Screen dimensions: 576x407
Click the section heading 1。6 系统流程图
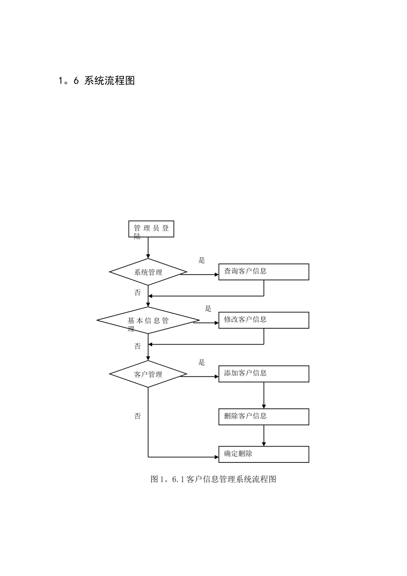tap(96, 81)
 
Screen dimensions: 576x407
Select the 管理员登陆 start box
tap(151, 229)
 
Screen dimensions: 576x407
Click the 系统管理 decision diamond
tap(148, 272)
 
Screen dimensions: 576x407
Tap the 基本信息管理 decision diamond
tap(148, 321)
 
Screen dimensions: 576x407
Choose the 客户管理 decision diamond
tap(148, 374)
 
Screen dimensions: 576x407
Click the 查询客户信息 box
tap(263, 272)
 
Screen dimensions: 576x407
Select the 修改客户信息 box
tap(263, 320)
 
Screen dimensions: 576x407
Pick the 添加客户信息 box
tap(263, 374)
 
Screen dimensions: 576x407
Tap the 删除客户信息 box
tap(263, 417)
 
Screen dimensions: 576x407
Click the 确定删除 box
tap(263, 454)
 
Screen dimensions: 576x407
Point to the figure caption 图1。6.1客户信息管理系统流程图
tap(213, 479)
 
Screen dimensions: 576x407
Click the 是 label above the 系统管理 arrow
tap(202, 260)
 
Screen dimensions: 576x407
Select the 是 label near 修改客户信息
tap(208, 309)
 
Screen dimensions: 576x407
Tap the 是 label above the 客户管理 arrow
tap(202, 362)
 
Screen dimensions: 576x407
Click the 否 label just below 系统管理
tap(138, 293)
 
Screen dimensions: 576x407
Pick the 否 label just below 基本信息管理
tap(138, 346)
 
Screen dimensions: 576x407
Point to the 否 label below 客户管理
tap(138, 416)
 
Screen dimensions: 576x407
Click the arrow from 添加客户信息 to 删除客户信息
tap(264, 395)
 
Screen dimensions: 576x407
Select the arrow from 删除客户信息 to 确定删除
tap(264, 435)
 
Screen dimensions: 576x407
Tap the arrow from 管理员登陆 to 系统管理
tap(148, 248)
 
